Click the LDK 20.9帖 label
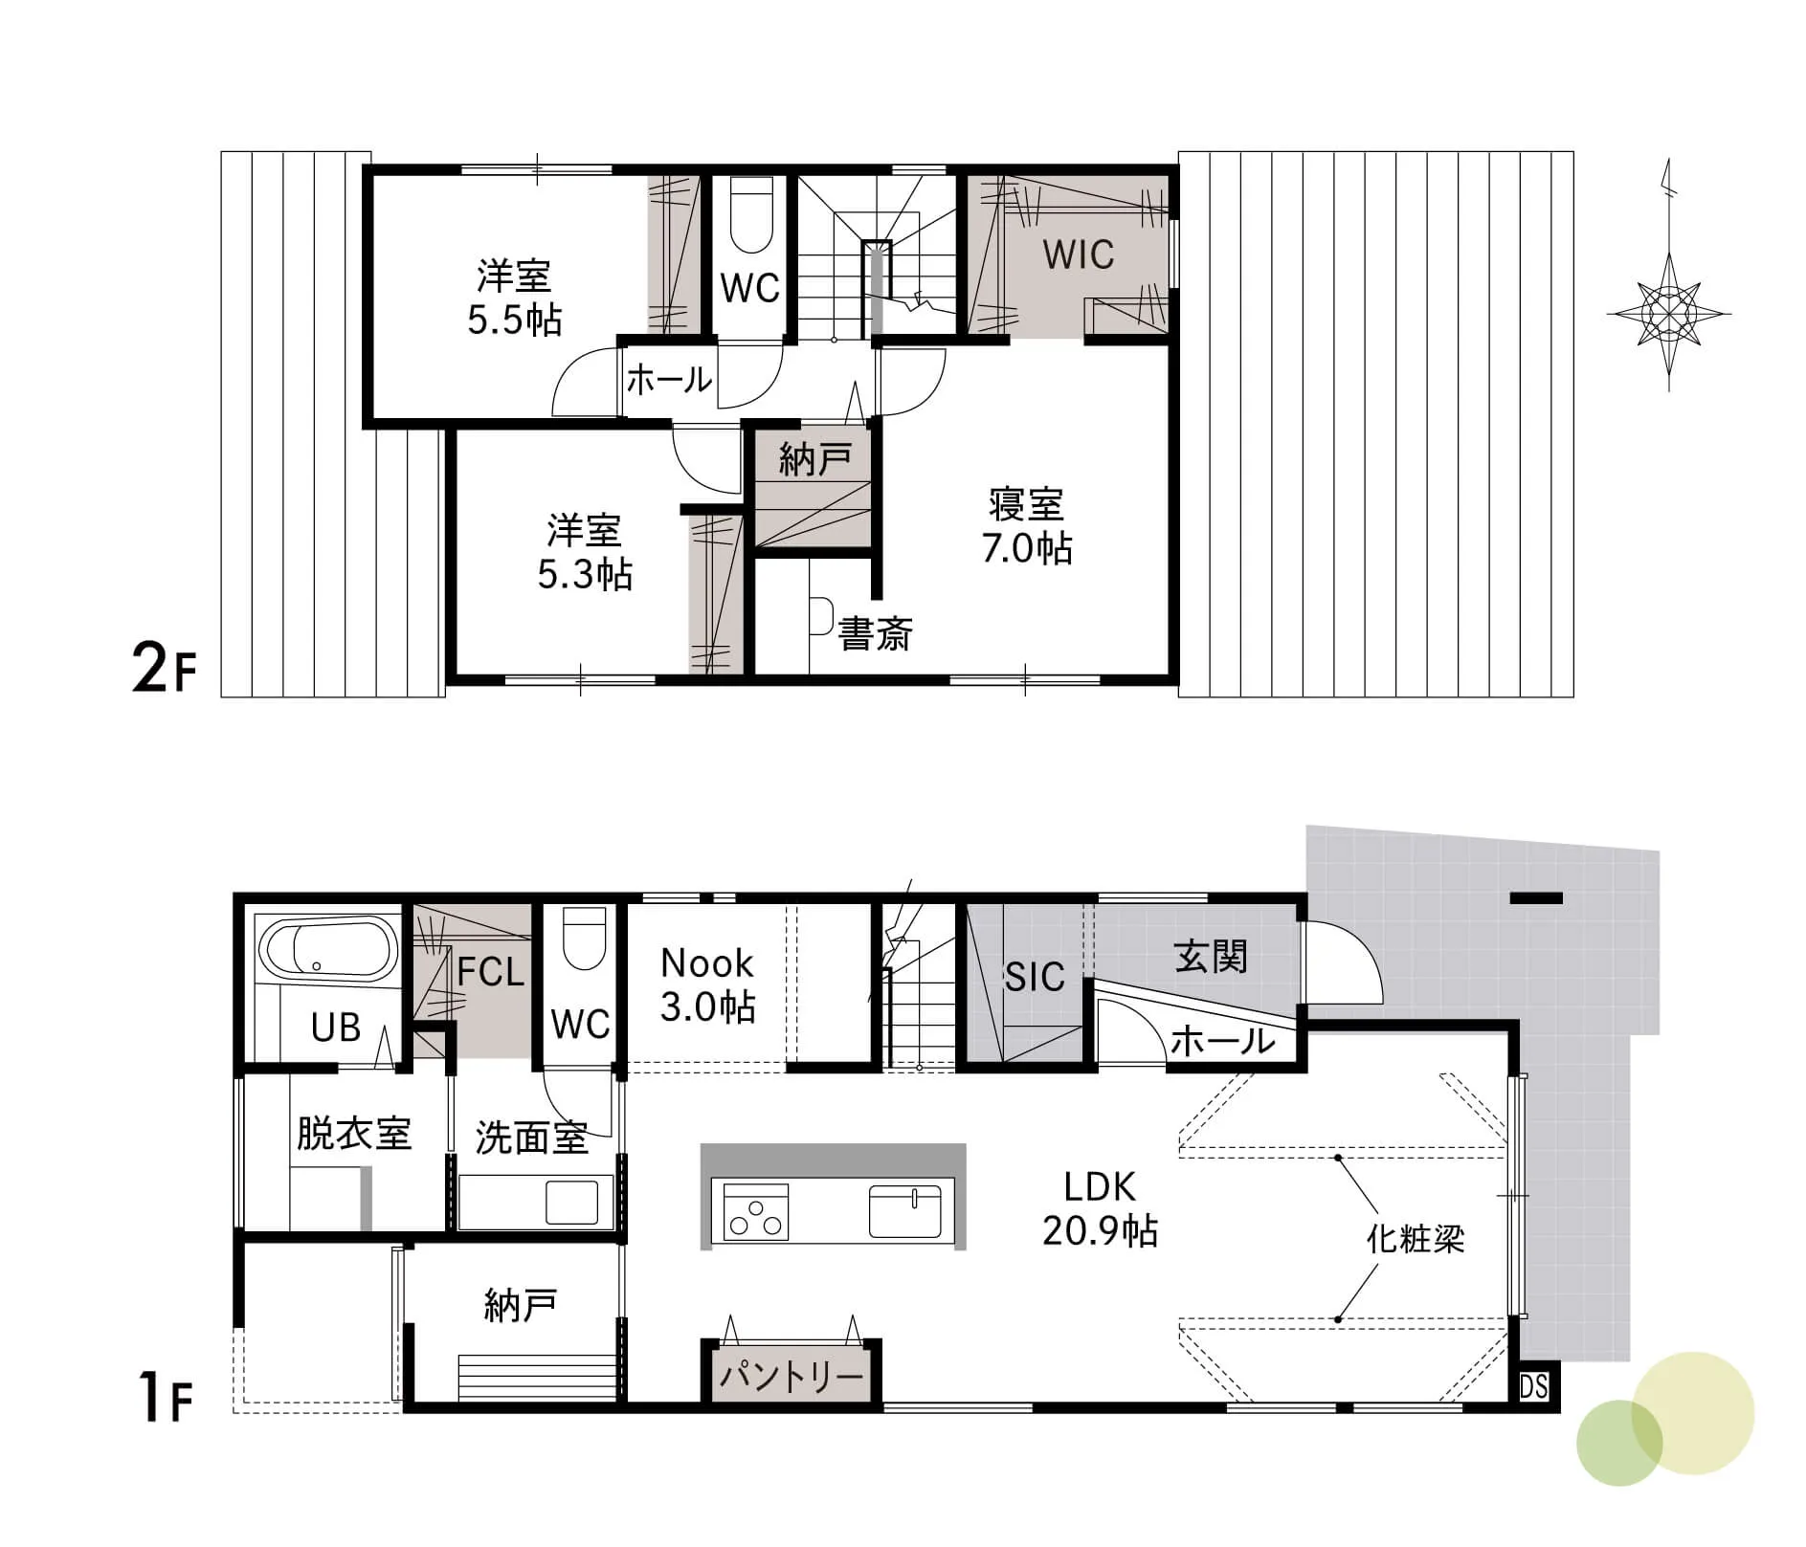click(x=1100, y=1208)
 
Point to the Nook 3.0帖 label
click(x=707, y=984)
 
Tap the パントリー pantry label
click(x=792, y=1377)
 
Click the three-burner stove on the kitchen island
click(x=756, y=1212)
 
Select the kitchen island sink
click(x=905, y=1211)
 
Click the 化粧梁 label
click(x=1415, y=1239)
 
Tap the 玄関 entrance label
click(x=1211, y=956)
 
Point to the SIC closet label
click(x=1034, y=977)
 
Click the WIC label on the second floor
click(x=1078, y=254)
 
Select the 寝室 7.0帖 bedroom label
click(x=1026, y=526)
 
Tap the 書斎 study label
click(x=875, y=633)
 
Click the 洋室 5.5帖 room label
click(x=514, y=298)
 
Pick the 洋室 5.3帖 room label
click(x=585, y=552)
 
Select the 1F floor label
click(x=166, y=1398)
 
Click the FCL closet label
click(x=491, y=972)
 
